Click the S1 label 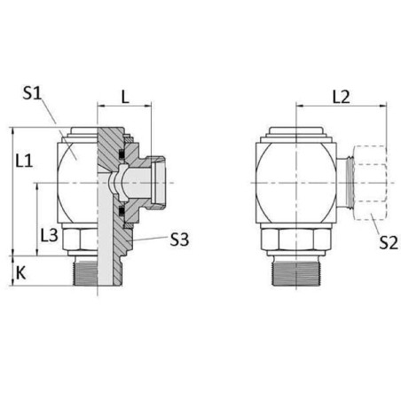32,93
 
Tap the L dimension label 125,97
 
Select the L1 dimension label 24,161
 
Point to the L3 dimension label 50,235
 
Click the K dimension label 20,272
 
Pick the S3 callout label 179,240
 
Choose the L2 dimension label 341,97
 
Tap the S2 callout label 389,243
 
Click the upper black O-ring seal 122,154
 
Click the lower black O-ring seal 122,211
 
